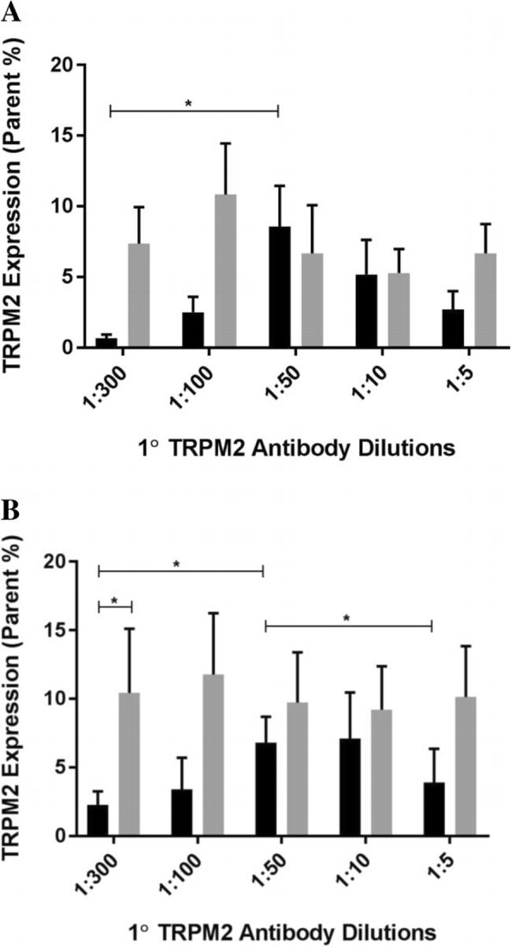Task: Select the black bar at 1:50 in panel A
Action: (280, 287)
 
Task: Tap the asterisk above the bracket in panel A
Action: (188, 103)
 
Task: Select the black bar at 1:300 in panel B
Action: (98, 820)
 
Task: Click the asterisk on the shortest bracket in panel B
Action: (114, 601)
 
